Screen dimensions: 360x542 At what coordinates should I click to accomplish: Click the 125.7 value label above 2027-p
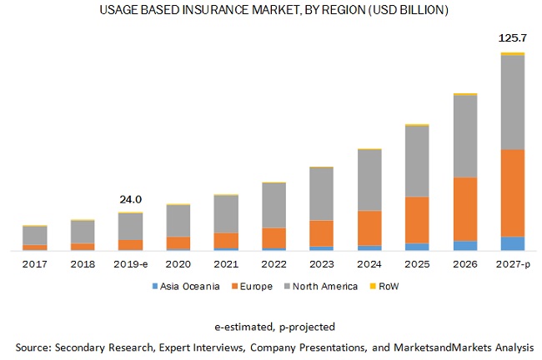511,38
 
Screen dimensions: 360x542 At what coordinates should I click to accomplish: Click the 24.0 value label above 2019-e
131,199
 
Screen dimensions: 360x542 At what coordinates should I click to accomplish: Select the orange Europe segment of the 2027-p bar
513,192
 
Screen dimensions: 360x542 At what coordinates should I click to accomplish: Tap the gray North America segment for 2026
464,137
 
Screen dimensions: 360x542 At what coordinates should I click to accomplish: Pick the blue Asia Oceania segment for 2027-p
513,243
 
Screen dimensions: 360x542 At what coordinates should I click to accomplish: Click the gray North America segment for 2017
34,235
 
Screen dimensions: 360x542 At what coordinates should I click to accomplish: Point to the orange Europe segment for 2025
417,220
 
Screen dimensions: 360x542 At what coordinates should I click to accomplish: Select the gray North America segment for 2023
321,194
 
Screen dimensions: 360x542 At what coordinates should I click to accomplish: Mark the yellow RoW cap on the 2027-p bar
513,54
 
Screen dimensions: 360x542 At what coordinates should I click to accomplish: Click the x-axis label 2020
178,263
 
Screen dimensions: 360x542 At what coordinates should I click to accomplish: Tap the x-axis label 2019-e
130,263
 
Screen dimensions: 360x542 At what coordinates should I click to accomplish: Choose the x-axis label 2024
369,263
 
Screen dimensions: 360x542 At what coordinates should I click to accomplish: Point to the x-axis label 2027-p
513,263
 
